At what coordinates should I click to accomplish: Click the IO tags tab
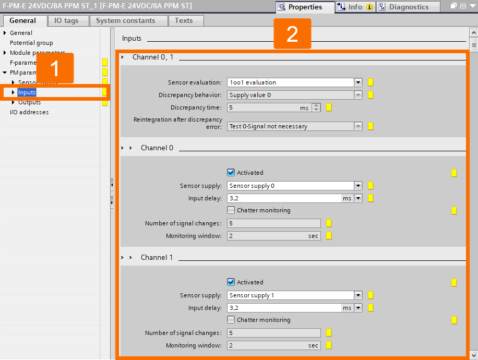(x=68, y=21)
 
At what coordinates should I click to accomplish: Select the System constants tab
(x=125, y=21)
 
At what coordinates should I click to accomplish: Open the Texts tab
(x=183, y=21)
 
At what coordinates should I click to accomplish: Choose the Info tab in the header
(x=355, y=7)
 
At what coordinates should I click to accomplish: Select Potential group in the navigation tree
(x=31, y=43)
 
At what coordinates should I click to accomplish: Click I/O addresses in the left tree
(x=29, y=112)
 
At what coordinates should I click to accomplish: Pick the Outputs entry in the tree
(x=29, y=102)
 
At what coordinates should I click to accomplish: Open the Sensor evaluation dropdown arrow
(x=358, y=82)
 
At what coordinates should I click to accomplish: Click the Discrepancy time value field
(x=263, y=107)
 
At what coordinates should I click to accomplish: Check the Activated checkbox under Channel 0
(x=231, y=173)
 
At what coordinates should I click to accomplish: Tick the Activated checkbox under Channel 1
(x=231, y=282)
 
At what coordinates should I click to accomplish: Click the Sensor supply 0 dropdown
(x=294, y=186)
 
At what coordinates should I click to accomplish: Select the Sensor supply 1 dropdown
(x=294, y=295)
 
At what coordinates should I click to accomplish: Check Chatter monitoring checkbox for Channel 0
(x=231, y=210)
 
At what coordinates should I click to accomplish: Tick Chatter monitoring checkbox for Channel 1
(x=231, y=320)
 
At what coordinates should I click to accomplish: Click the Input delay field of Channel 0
(x=284, y=198)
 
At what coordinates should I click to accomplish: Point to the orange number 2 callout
(x=292, y=34)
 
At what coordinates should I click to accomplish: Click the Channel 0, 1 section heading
(x=152, y=57)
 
